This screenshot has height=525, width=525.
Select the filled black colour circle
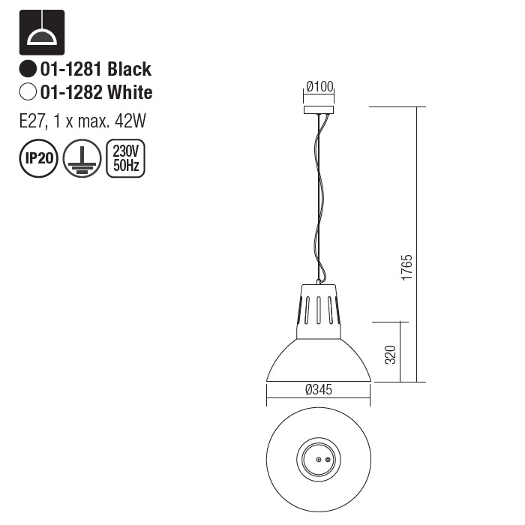tap(28, 70)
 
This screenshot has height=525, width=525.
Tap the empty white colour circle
tap(28, 93)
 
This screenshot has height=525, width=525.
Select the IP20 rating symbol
tap(37, 159)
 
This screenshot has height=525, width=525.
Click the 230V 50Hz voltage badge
tap(126, 159)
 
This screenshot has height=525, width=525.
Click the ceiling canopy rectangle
tap(319, 109)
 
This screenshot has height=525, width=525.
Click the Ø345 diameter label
tap(319, 389)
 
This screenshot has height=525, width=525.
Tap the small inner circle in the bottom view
tap(319, 459)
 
